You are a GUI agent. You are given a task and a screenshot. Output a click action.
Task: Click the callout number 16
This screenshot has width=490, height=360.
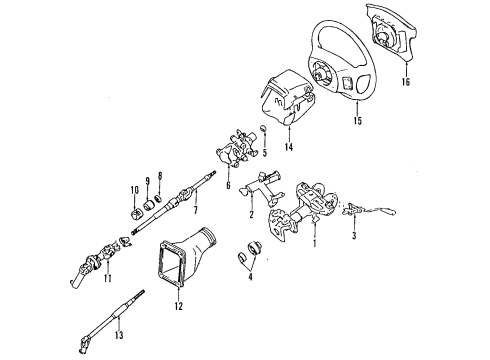coord(406,82)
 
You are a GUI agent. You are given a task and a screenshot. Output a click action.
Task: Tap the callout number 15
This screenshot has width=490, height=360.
coord(357,121)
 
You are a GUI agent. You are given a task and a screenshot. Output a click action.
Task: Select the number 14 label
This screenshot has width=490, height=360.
coord(289,146)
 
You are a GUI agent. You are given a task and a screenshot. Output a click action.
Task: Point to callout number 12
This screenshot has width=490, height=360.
coord(179,306)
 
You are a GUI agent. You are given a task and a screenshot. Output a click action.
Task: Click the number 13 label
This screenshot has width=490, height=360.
coord(119,335)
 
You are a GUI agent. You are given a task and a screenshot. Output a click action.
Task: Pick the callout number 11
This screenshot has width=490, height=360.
coord(107,278)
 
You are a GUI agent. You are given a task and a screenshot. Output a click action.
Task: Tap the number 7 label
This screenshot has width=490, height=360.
coord(196,210)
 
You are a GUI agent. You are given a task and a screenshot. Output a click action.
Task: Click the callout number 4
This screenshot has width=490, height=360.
coord(250,276)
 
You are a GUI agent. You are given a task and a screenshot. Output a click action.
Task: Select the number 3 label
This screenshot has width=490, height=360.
coord(354,235)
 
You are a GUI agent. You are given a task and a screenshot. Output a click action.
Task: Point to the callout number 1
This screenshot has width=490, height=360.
coord(314,243)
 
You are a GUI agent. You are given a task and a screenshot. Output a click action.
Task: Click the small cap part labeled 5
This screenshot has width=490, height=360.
coord(263,128)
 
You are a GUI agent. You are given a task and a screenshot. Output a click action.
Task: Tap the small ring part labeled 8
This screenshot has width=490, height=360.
coord(159,198)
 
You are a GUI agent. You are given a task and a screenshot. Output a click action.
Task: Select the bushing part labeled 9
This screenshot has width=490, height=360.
coord(149,205)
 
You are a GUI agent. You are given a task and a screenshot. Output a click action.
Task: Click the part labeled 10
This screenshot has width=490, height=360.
coord(134,214)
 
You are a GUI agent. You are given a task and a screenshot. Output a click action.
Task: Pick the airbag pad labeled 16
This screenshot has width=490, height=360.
coord(393,32)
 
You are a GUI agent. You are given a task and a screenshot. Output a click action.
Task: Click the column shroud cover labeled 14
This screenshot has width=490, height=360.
coord(287,98)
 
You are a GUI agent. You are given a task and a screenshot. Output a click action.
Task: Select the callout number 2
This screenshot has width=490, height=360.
coord(251,215)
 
